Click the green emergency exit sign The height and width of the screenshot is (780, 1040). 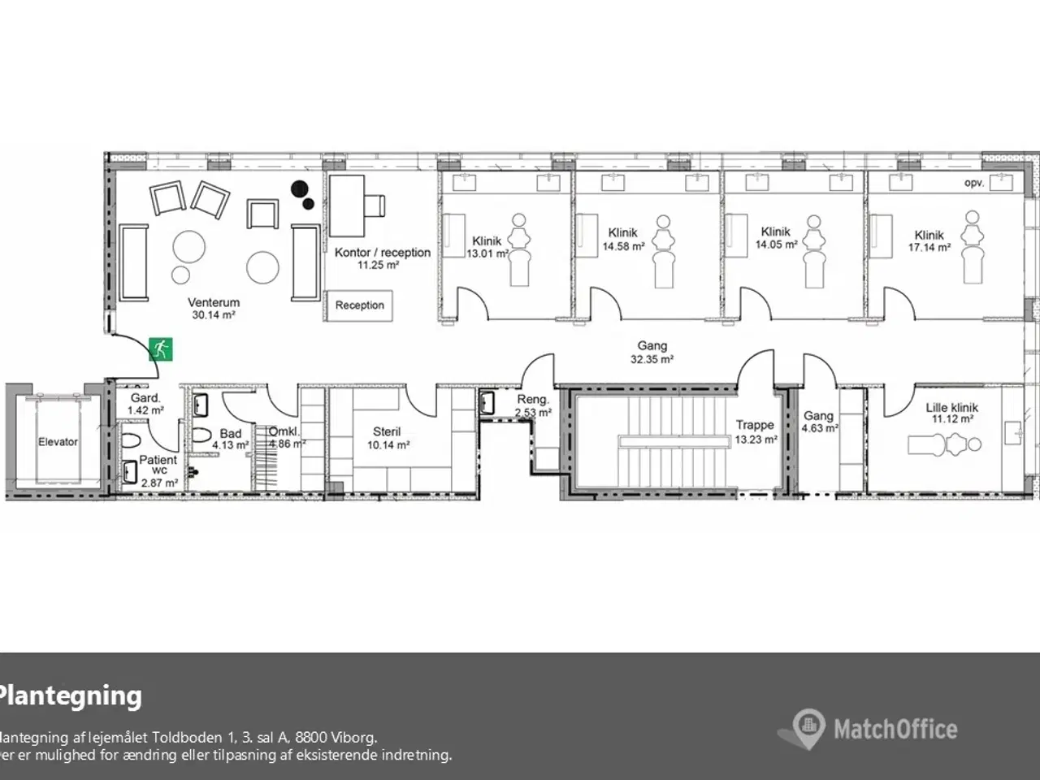coord(161,349)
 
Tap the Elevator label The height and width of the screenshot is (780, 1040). coord(58,442)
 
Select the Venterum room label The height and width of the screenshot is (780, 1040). coord(214,302)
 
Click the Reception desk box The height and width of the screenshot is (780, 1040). coord(359,305)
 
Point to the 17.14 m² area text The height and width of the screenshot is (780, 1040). coord(929,248)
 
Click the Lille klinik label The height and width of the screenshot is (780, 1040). coord(951,407)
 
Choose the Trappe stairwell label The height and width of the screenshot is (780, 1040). coord(755,424)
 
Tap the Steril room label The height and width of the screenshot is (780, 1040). coord(387,432)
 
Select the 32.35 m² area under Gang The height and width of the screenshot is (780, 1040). coord(652,359)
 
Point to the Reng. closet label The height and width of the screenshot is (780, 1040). coord(533,400)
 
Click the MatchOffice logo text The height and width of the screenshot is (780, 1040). coord(895,729)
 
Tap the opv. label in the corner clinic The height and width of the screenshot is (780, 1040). coord(973,184)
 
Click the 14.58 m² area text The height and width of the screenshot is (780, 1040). coord(623,246)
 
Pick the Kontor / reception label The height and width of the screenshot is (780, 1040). coord(382,253)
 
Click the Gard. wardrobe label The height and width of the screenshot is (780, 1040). coord(145,398)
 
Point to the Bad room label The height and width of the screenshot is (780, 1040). coord(230,434)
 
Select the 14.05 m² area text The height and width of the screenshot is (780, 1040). coord(776,245)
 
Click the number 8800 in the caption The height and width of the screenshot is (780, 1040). coord(313,738)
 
